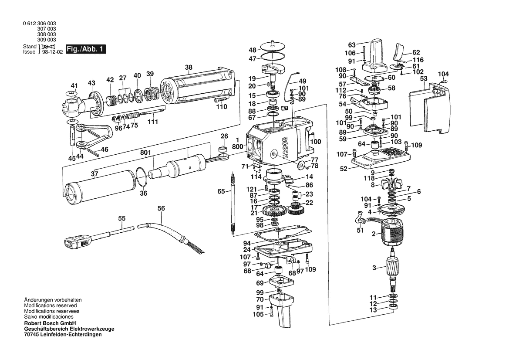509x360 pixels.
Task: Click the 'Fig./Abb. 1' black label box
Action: click(85, 49)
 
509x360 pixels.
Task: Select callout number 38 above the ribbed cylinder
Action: click(189, 67)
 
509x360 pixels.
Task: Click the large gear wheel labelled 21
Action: click(276, 211)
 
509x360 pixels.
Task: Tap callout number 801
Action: click(146, 153)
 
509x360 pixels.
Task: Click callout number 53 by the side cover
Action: click(424, 78)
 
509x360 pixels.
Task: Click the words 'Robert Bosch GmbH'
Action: click(50, 323)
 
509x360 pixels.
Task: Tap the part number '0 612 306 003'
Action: click(40, 24)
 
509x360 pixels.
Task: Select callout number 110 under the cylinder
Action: click(222, 107)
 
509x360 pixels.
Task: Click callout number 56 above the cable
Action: click(162, 208)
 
